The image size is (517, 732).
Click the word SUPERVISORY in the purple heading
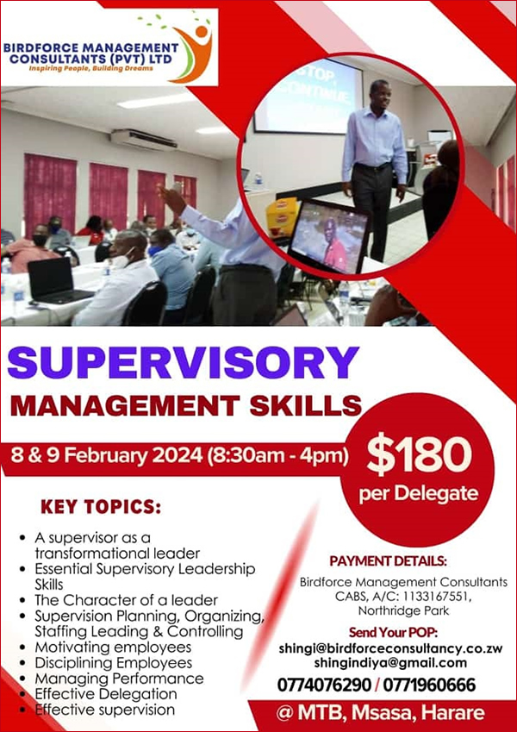184,363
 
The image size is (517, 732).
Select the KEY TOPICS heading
101,507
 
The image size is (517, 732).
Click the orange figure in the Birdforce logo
193,53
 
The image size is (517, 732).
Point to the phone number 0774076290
324,685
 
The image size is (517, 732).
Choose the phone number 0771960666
429,685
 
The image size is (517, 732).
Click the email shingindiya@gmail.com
390,663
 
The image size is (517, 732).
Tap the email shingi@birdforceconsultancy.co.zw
390,648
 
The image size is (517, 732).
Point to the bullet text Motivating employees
113,648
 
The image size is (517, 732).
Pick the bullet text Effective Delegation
106,694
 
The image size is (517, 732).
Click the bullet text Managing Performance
120,679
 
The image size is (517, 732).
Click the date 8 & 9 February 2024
107,455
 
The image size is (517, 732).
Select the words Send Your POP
391,633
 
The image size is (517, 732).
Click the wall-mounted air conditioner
144,139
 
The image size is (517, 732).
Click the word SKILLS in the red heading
306,406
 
